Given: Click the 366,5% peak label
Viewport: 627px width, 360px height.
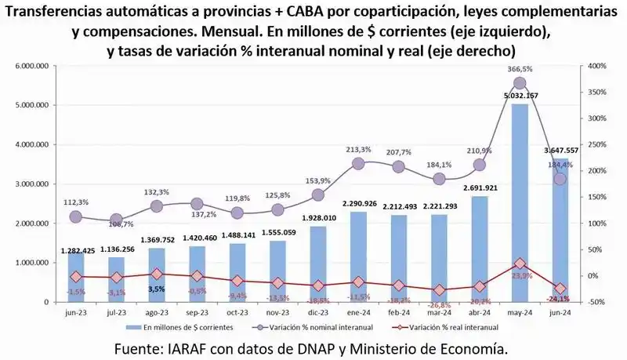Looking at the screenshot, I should point(519,69).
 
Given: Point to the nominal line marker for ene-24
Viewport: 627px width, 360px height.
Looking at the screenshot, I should point(358,164).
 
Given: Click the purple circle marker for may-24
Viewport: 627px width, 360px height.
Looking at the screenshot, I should point(520,83).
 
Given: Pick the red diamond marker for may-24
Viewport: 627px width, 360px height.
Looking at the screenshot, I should point(520,264).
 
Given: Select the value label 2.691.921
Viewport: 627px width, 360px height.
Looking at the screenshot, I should point(479,188).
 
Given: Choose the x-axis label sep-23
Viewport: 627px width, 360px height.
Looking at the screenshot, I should point(197,311).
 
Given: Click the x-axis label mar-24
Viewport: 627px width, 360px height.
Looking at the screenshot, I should point(439,311).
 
